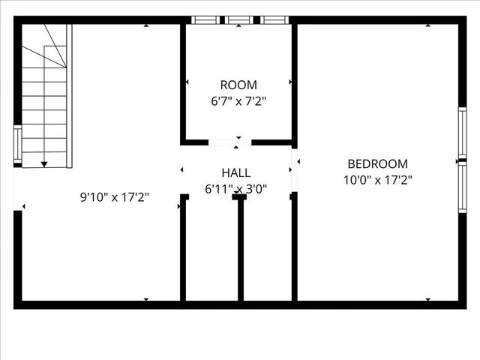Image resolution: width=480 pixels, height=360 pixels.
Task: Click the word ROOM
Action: tap(238, 85)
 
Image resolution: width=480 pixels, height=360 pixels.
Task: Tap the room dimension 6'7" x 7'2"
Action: tap(238, 100)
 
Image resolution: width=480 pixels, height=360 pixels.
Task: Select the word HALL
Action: tap(236, 173)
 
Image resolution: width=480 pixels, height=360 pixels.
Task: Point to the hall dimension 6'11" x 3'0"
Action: tap(236, 190)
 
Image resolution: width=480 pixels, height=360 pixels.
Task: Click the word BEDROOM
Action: tap(377, 164)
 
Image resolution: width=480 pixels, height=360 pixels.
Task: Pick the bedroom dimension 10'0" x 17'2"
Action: tap(377, 180)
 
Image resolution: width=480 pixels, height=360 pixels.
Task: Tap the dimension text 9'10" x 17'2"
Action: tap(115, 198)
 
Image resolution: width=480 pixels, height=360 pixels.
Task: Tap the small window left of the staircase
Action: tap(17, 145)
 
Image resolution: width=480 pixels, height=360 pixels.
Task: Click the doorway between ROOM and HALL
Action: tap(229, 142)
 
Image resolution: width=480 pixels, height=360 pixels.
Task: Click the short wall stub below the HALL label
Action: tap(241, 247)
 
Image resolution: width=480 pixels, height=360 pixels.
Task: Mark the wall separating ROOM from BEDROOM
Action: tap(294, 82)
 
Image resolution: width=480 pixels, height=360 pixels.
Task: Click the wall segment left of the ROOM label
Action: tap(183, 82)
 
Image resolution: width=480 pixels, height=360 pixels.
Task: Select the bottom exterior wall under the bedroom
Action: tap(379, 304)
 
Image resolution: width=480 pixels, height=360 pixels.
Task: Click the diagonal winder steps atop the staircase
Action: tap(47, 45)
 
